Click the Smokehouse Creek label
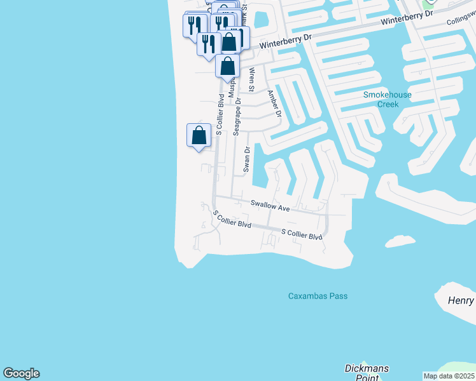387,99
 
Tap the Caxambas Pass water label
318,296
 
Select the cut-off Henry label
461,300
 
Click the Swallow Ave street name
270,206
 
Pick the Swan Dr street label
246,159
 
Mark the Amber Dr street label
274,104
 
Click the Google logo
21,373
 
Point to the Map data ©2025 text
449,376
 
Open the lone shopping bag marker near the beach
199,135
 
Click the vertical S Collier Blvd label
220,115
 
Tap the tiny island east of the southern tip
400,241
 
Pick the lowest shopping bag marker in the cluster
227,66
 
